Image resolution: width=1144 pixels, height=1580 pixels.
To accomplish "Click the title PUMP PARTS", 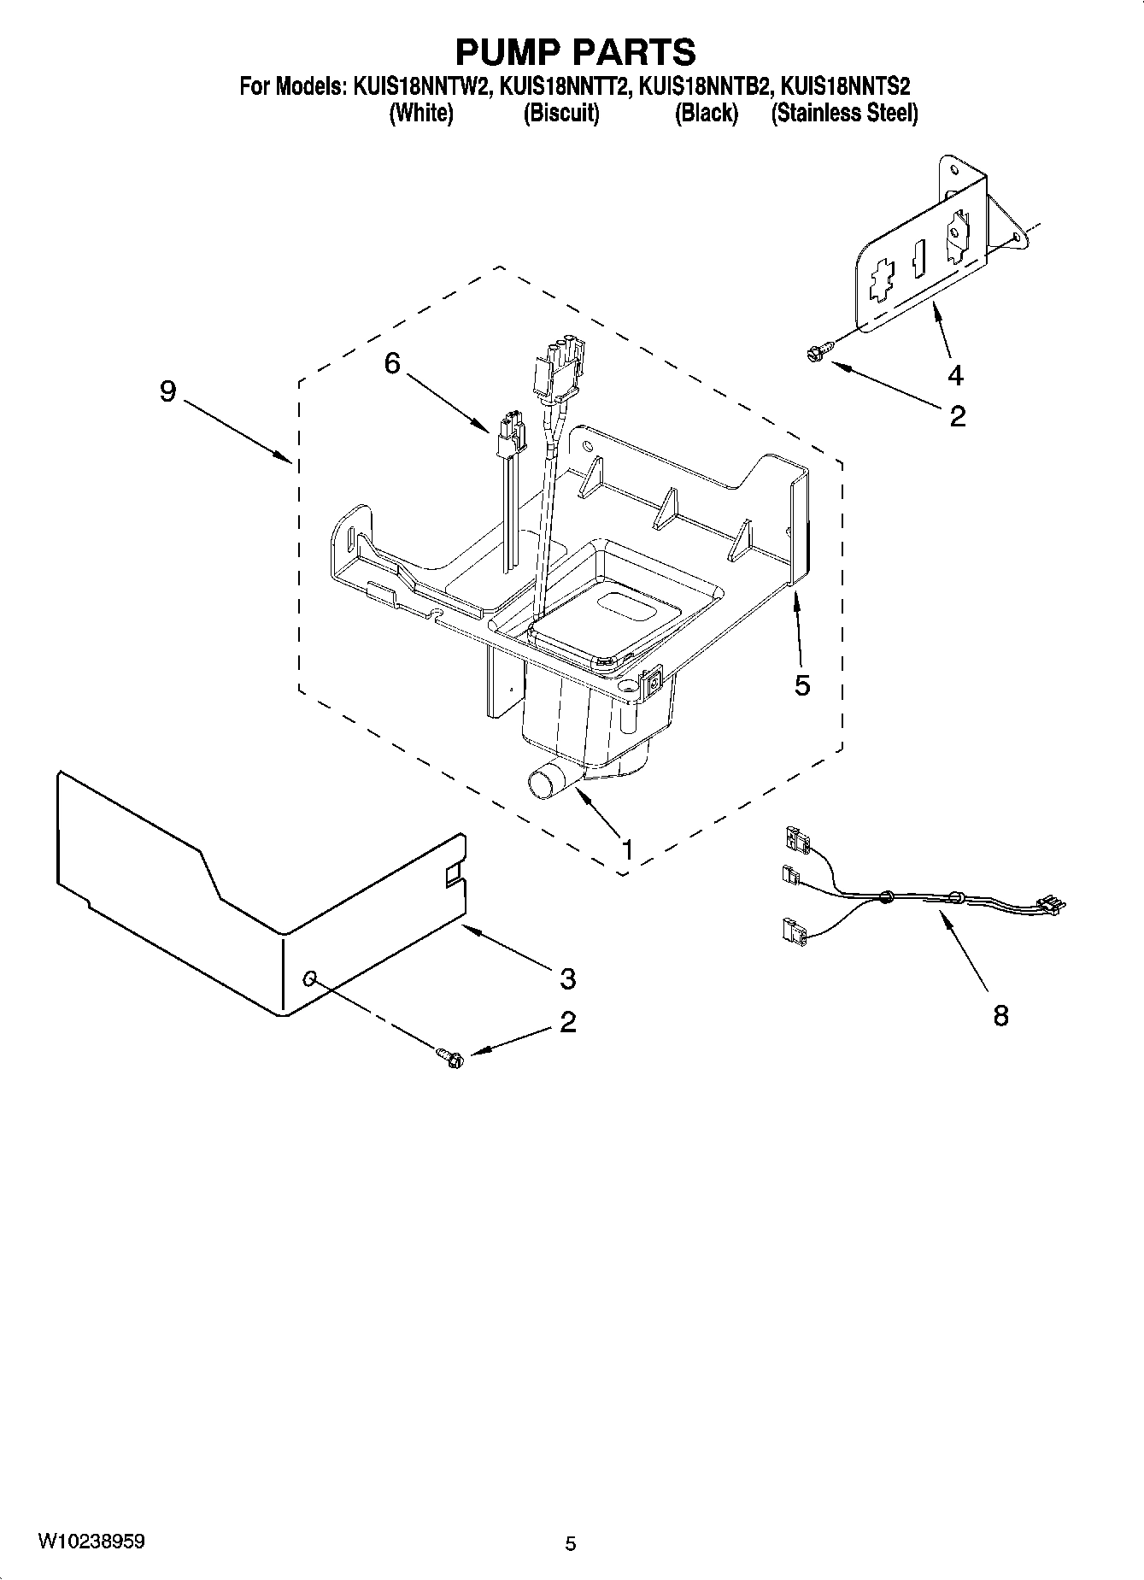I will pyautogui.click(x=575, y=53).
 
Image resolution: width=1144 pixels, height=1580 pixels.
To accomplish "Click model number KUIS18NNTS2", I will pyautogui.click(x=846, y=86).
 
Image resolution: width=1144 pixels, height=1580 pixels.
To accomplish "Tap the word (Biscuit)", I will pyautogui.click(x=561, y=113).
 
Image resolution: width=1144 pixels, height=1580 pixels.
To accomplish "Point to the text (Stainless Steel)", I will pyautogui.click(x=844, y=113).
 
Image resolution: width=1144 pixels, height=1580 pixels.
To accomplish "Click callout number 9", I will pyautogui.click(x=167, y=391).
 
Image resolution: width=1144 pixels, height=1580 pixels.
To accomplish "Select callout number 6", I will pyautogui.click(x=391, y=363).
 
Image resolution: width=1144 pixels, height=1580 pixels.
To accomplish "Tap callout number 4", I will pyautogui.click(x=955, y=374).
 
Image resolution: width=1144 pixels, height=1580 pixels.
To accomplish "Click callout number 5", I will pyautogui.click(x=801, y=685).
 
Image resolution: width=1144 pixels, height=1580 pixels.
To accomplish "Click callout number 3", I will pyautogui.click(x=567, y=978).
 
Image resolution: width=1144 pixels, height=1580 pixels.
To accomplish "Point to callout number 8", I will pyautogui.click(x=1000, y=1016).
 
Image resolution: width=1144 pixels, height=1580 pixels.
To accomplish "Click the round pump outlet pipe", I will pyautogui.click(x=544, y=782).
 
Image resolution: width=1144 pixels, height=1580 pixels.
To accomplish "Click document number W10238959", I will pyautogui.click(x=91, y=1542).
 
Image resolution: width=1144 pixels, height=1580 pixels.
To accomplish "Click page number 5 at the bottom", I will pyautogui.click(x=571, y=1543).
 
